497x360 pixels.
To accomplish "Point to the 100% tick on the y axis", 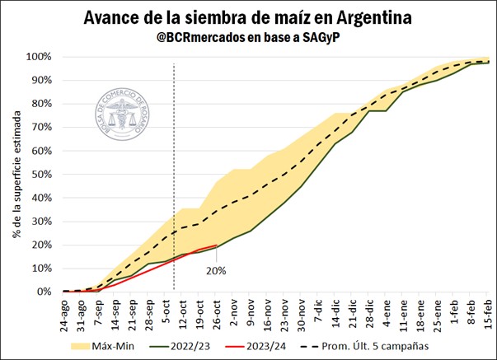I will tap(39, 57).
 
